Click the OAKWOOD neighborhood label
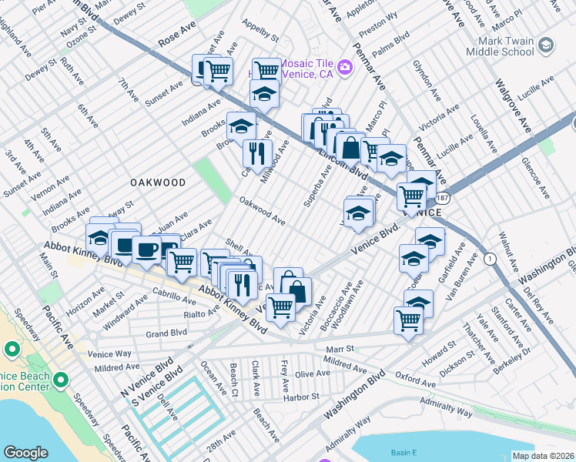(157, 182)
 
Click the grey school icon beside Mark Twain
(545, 45)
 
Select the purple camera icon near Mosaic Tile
(343, 68)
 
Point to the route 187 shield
(457, 198)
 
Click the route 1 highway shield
(490, 259)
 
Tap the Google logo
(26, 453)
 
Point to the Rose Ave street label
(177, 37)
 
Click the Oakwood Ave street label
(263, 212)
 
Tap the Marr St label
(339, 349)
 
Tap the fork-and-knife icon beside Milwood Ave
(258, 152)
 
